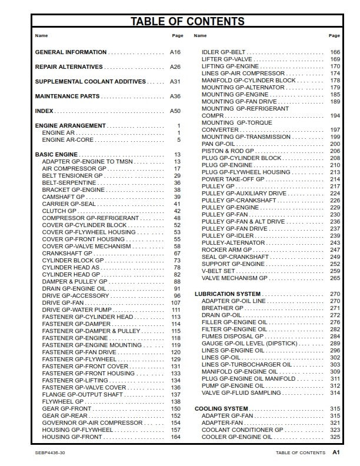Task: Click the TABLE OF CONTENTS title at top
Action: tap(187, 22)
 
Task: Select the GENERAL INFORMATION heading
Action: tap(71, 52)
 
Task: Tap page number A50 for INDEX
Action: tap(175, 111)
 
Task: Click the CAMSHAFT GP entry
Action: tap(63, 197)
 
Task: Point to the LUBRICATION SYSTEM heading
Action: tap(227, 294)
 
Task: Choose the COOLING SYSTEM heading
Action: tap(221, 408)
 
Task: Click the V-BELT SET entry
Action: tap(218, 271)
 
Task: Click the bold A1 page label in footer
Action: tap(335, 453)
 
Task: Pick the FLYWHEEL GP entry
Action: tap(62, 402)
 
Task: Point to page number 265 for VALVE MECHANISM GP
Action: tap(335, 278)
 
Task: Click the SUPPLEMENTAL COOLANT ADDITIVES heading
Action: tap(90, 82)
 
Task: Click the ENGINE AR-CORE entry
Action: tap(68, 140)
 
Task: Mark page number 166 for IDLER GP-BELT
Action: tap(335, 52)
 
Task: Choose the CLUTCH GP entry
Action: tap(59, 211)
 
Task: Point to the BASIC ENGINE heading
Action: tap(56, 155)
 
